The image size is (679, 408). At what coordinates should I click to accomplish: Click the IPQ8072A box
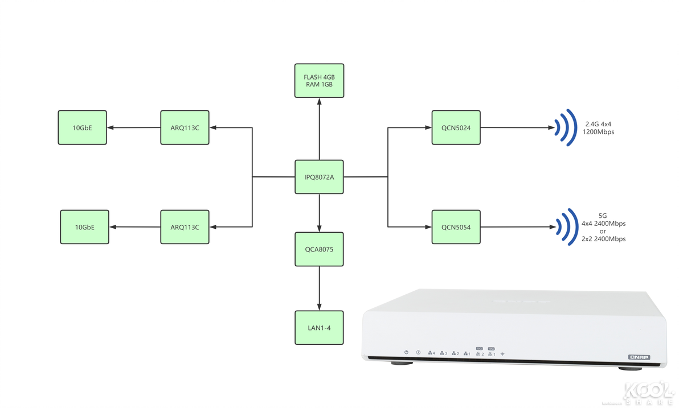pyautogui.click(x=319, y=177)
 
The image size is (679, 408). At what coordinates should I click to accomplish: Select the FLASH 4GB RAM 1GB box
pyautogui.click(x=319, y=80)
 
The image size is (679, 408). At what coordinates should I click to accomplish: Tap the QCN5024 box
pyautogui.click(x=456, y=127)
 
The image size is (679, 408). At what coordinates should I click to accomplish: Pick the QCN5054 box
pyautogui.click(x=456, y=227)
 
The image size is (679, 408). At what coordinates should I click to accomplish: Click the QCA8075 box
pyautogui.click(x=319, y=249)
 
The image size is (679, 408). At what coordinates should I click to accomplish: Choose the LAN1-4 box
pyautogui.click(x=319, y=327)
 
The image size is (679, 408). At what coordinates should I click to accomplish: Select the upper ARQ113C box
pyautogui.click(x=185, y=127)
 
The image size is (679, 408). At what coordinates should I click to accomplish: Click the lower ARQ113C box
pyautogui.click(x=185, y=227)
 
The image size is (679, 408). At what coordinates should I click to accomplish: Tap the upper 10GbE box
pyautogui.click(x=82, y=127)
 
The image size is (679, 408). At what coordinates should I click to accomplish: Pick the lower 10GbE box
pyautogui.click(x=84, y=227)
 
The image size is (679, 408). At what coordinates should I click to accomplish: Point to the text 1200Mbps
pyautogui.click(x=598, y=131)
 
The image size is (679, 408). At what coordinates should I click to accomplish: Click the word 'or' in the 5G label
pyautogui.click(x=603, y=231)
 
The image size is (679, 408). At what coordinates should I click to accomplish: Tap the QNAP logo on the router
pyautogui.click(x=639, y=357)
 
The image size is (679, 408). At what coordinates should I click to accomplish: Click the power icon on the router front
pyautogui.click(x=406, y=353)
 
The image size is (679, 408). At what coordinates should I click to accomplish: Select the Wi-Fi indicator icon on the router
pyautogui.click(x=502, y=354)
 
